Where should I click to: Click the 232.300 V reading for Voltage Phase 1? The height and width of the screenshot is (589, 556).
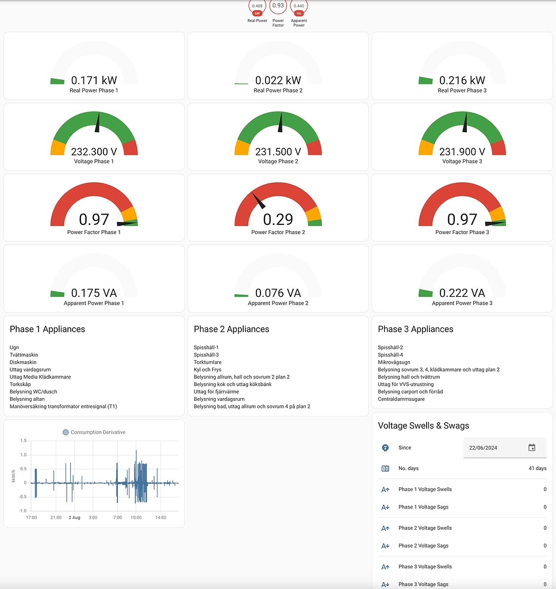94,152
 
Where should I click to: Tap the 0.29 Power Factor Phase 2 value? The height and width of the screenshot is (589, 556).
278,219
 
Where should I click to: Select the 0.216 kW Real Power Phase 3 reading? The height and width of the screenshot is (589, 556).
462,81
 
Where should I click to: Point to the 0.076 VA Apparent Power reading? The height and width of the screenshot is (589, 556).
278,293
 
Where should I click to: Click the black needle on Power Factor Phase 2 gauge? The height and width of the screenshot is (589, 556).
258,201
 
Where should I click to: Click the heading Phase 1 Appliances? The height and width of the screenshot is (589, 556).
47,329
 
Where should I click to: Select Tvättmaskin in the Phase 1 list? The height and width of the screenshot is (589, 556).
24,355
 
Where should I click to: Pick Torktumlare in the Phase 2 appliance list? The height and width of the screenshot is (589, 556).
208,362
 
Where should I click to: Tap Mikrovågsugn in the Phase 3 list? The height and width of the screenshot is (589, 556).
394,362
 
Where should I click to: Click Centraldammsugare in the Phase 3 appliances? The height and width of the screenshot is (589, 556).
401,399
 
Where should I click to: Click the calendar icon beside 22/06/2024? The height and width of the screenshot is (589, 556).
532,448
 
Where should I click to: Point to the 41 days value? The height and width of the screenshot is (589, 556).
537,468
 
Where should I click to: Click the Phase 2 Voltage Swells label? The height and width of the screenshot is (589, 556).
425,528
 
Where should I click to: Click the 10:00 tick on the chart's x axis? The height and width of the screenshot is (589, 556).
136,518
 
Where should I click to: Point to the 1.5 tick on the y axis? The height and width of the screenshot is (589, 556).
23,441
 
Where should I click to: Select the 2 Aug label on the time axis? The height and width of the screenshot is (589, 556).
74,518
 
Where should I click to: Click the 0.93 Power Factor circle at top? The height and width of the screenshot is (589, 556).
278,6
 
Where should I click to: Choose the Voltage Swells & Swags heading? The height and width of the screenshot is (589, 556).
423,426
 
